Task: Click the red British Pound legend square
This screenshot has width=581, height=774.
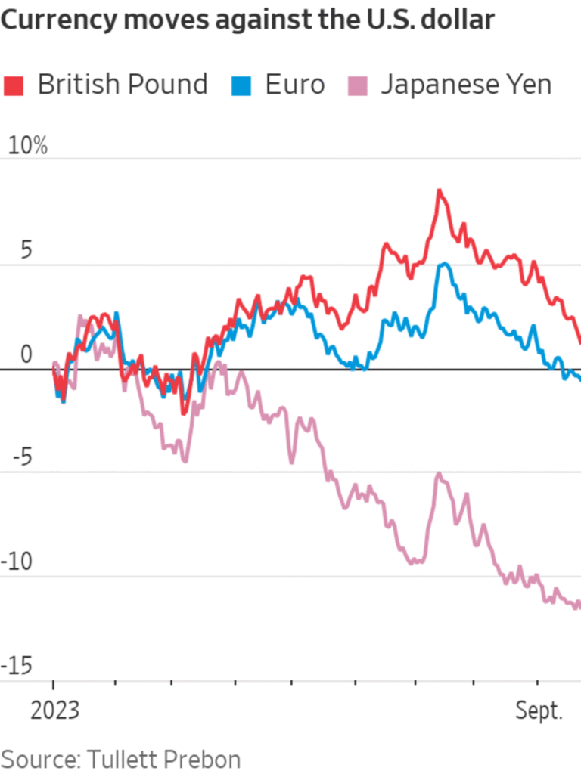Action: [14, 85]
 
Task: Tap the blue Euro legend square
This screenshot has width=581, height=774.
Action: [241, 85]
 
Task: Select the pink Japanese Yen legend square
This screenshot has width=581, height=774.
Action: [357, 85]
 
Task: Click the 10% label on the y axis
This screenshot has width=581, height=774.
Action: [27, 147]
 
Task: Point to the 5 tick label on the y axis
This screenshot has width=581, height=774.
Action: [27, 251]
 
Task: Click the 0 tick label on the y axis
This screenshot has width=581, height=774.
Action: [27, 354]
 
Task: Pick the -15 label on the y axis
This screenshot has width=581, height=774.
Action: [18, 666]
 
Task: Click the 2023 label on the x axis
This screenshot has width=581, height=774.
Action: [55, 711]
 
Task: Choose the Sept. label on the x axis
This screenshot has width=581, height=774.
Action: [539, 711]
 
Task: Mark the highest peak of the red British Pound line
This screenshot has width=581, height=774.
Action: [439, 190]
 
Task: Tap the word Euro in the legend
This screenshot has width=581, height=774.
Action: [294, 85]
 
